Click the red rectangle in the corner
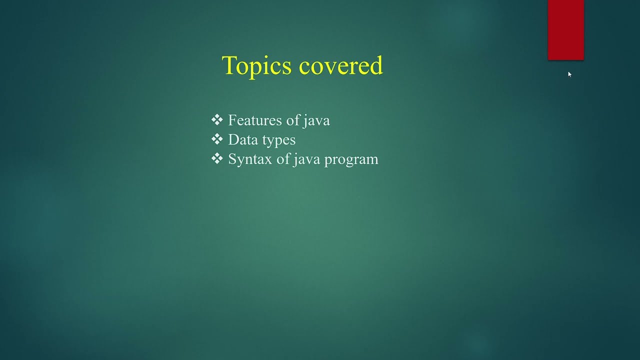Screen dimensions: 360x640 click(565, 30)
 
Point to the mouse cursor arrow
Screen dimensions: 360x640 click(569, 74)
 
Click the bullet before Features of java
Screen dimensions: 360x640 click(216, 120)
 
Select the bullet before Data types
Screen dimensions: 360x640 click(216, 139)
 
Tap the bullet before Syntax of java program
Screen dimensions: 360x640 click(216, 159)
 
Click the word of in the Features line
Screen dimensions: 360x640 click(289, 120)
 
